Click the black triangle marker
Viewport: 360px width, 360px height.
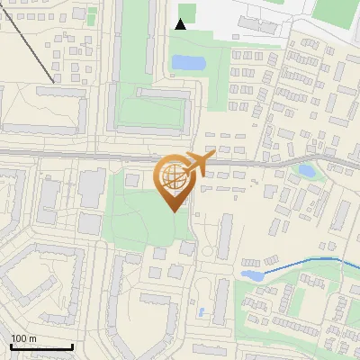[181, 24]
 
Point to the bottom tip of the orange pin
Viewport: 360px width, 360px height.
[174, 211]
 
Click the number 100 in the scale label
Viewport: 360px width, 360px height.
[20, 338]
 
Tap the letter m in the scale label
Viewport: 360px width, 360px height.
[33, 338]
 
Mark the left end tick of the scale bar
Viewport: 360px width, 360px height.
[11, 346]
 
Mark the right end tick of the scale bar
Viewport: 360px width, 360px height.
[73, 346]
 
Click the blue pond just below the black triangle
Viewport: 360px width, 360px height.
[188, 63]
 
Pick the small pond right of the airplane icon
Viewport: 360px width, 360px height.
[307, 169]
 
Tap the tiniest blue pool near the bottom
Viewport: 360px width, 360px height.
[202, 312]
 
